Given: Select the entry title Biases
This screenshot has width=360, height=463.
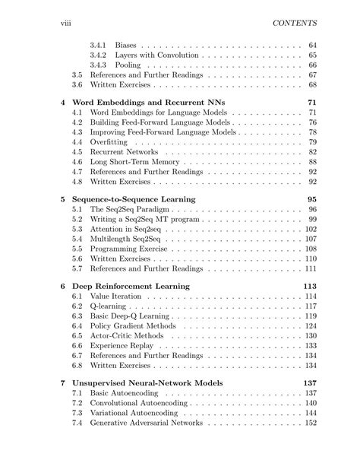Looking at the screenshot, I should click(125, 45).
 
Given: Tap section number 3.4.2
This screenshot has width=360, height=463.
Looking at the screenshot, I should click(98, 55).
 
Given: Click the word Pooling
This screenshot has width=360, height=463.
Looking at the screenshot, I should click(129, 66).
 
